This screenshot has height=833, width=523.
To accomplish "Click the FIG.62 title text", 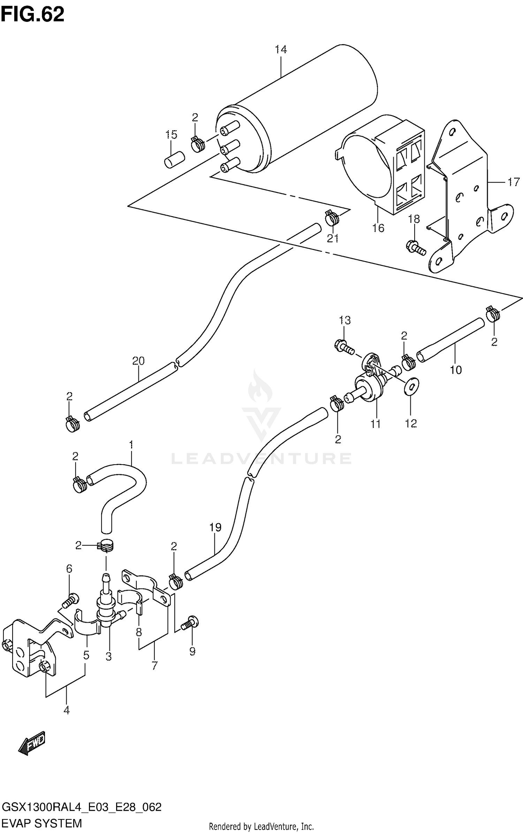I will (32, 15).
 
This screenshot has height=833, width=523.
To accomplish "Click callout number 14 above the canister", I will (281, 50).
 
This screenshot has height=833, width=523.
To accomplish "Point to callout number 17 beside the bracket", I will (513, 182).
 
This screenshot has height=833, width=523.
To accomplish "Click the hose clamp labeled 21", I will (332, 218).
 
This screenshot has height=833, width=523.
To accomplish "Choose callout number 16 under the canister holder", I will (378, 228).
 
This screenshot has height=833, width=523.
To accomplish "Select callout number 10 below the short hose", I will (456, 369).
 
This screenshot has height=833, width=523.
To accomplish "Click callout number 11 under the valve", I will (375, 424).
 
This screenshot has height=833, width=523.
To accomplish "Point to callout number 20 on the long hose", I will (138, 361).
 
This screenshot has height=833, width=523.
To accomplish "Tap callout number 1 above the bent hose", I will (131, 445).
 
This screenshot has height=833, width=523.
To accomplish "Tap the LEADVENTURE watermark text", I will (261, 458).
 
